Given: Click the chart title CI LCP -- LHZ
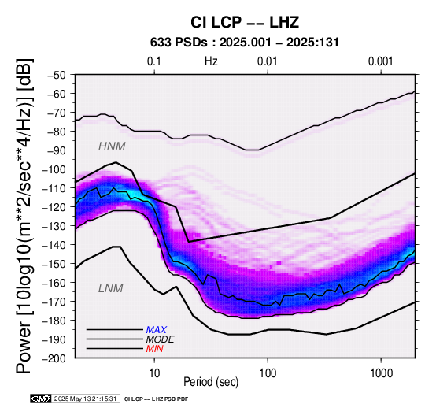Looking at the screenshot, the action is [x=245, y=22].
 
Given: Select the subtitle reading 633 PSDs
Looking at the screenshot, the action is [x=179, y=43].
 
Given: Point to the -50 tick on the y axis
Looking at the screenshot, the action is [x=57, y=75].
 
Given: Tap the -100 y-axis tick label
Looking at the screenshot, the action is [x=54, y=169].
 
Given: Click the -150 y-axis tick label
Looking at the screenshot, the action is [x=54, y=264].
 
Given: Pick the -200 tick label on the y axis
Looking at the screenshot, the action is [x=54, y=358].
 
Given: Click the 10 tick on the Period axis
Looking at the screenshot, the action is [x=154, y=373].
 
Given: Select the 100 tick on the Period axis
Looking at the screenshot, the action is [x=268, y=373].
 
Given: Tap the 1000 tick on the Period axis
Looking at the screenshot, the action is [x=381, y=373].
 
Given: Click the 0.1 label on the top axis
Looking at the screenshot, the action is [x=154, y=61].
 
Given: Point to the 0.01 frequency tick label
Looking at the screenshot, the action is [x=268, y=61].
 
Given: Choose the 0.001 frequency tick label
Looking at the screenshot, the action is [x=381, y=61].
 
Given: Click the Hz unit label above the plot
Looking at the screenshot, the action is [x=211, y=61].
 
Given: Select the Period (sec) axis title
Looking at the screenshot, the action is [x=211, y=382].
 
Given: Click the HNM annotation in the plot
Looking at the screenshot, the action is [x=112, y=146].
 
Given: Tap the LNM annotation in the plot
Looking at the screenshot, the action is [x=111, y=288].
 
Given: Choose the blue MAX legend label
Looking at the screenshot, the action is [x=157, y=330].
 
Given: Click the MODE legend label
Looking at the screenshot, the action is [x=161, y=339].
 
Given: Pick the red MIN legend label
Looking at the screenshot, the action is [x=154, y=349].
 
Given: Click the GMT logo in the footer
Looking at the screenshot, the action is [x=41, y=399].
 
